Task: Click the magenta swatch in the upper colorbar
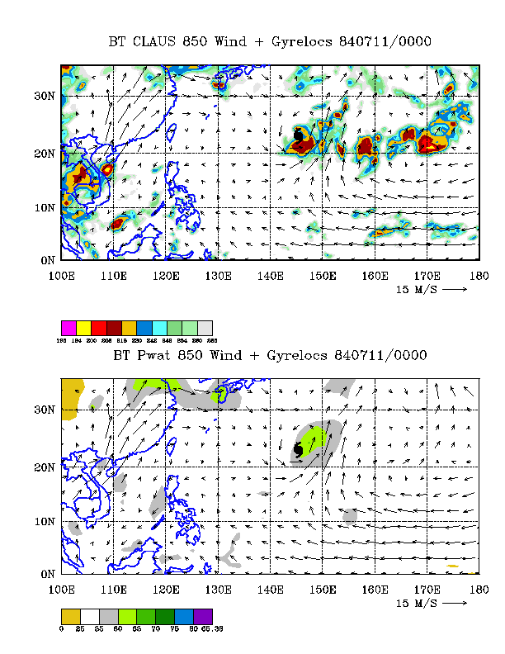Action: [68, 328]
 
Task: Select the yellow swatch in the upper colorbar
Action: [83, 328]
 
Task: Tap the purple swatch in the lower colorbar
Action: [205, 616]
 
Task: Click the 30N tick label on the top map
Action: [45, 96]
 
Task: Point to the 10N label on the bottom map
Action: [45, 521]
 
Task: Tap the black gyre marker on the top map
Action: [299, 135]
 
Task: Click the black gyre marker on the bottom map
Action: [298, 449]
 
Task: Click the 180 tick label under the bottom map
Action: [477, 589]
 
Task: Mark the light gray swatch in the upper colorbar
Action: [205, 328]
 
